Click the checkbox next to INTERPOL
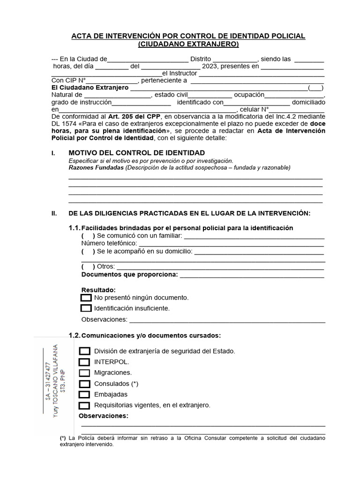click(84, 362)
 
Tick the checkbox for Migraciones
click(84, 373)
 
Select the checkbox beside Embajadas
click(84, 395)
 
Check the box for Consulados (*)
click(84, 383)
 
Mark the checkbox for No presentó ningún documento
click(86, 298)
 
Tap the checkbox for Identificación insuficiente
click(86, 308)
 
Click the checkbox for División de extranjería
click(84, 351)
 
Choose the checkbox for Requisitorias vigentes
click(84, 405)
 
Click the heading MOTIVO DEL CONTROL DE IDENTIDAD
click(136, 153)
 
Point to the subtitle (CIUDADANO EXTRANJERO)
click(188, 44)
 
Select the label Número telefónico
click(109, 243)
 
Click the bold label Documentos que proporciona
click(129, 274)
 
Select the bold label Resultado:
click(98, 290)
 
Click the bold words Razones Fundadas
click(96, 168)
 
